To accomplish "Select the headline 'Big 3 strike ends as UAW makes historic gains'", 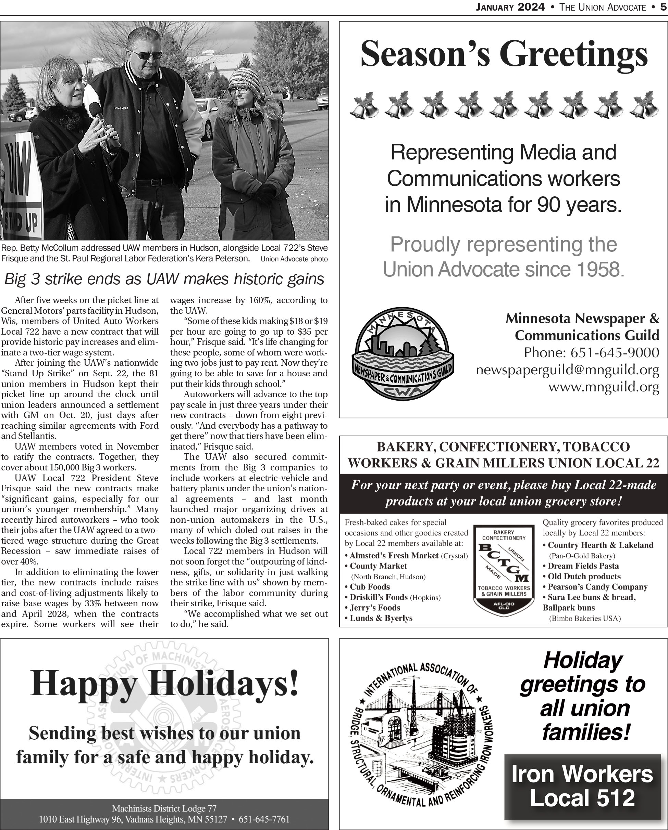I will [164, 279].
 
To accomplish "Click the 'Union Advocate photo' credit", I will [294, 259].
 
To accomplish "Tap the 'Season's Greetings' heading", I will [504, 55].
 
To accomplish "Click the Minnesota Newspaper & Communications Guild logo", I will [403, 354].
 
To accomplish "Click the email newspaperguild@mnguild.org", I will [567, 370].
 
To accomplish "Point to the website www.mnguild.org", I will [604, 387].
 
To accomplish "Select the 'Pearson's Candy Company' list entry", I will [597, 587].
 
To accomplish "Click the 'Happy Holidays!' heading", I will [164, 683].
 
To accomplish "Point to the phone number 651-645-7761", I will [264, 819].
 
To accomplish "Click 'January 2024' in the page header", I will [510, 7].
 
